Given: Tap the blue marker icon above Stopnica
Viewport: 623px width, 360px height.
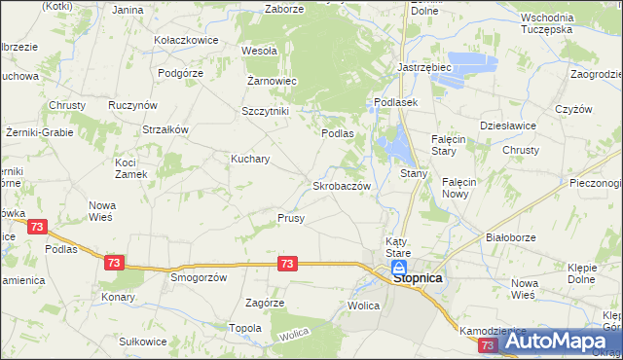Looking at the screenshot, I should tap(399, 266).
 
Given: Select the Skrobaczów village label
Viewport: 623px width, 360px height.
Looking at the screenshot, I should tap(340, 185).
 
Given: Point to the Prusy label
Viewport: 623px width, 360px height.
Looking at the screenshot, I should tap(291, 218).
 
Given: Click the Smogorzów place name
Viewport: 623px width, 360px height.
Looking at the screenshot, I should tap(199, 276).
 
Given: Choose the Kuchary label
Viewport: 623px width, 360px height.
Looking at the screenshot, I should tap(250, 158).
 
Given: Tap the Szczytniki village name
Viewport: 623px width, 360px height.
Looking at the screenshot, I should tap(266, 111).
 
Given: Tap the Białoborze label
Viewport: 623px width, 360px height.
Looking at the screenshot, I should tap(511, 237).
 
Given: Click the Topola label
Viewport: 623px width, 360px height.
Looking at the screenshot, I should tap(245, 328).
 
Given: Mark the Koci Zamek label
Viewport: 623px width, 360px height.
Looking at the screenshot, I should tap(131, 167).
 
